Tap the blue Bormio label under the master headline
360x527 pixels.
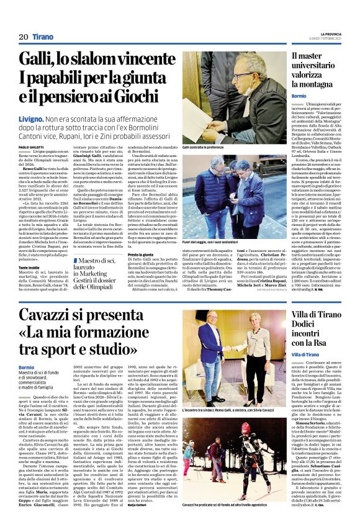pyautogui.click(x=299, y=96)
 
